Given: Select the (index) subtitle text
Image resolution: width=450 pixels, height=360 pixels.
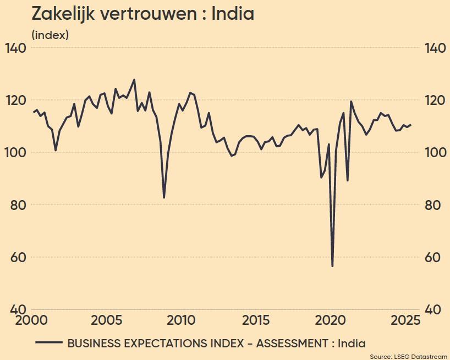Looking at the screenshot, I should pyautogui.click(x=50, y=35).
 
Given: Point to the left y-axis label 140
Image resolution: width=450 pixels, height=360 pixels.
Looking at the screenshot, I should pyautogui.click(x=15, y=48).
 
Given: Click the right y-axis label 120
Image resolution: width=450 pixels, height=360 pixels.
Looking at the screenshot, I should pyautogui.click(x=435, y=101).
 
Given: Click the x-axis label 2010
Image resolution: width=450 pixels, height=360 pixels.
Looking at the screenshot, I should pyautogui.click(x=181, y=320).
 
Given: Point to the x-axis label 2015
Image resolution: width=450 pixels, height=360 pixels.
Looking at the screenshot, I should pyautogui.click(x=256, y=320).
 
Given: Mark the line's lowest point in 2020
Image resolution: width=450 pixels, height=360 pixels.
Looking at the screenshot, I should pyautogui.click(x=332, y=266).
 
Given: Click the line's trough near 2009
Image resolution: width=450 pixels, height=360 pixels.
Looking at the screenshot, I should pyautogui.click(x=164, y=197).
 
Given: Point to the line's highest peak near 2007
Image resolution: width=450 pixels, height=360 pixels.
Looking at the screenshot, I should pyautogui.click(x=134, y=80).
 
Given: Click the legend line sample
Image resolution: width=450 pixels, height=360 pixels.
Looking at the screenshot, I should pyautogui.click(x=48, y=342).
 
